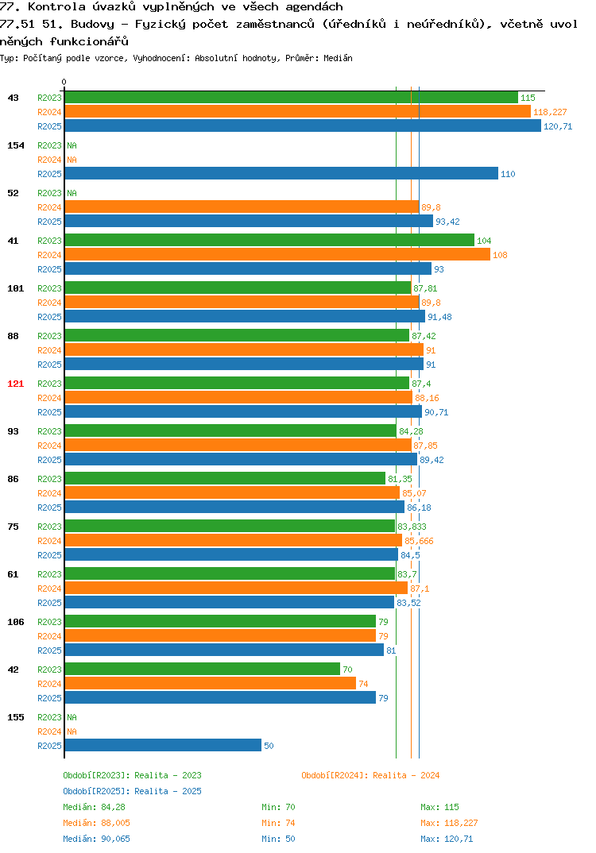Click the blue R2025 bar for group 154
coord(281,173)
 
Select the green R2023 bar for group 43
coord(291,98)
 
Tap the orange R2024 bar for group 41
coord(277,255)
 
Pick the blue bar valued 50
coord(163,745)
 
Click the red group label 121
coord(16,384)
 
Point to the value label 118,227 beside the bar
coord(550,112)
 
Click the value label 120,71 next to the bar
coord(558,126)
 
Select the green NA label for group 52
coord(72,193)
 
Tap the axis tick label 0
coord(64,82)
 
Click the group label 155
coord(16,717)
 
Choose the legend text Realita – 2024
coord(406,775)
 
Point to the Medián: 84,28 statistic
coord(94,807)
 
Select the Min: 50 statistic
coord(278,839)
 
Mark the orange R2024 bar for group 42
coord(210,683)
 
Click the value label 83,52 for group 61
coord(408,603)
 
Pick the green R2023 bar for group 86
coord(225,479)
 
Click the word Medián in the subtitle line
coord(338,58)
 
